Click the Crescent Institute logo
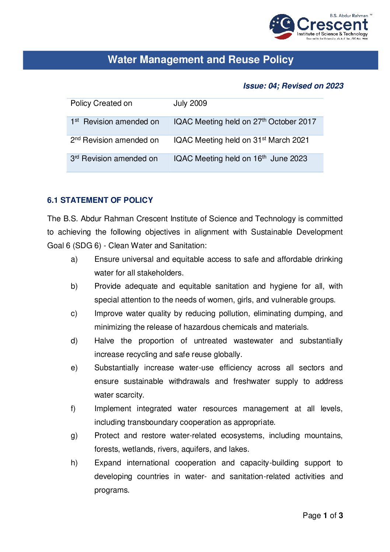pyautogui.click(x=319, y=27)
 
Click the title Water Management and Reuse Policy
pyautogui.click(x=201, y=60)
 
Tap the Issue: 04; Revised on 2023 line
pyautogui.click(x=293, y=86)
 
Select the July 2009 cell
pyautogui.click(x=190, y=104)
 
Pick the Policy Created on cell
pyautogui.click(x=101, y=104)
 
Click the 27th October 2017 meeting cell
pyautogui.click(x=245, y=122)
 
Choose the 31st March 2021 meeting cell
pyautogui.click(x=241, y=140)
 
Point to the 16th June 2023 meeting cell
pyautogui.click(x=240, y=159)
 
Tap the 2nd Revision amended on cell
pyautogui.click(x=115, y=140)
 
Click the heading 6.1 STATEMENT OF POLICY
pyautogui.click(x=100, y=200)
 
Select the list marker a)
pyautogui.click(x=74, y=260)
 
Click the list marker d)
pyautogui.click(x=74, y=341)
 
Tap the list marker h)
pyautogui.click(x=74, y=463)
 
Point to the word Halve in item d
pyautogui.click(x=104, y=341)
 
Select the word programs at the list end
pyautogui.click(x=112, y=490)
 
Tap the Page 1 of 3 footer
pyautogui.click(x=323, y=515)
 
